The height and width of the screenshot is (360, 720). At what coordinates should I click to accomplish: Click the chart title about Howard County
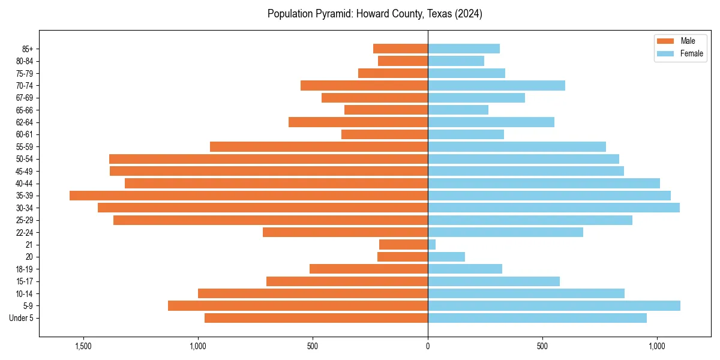click(x=374, y=14)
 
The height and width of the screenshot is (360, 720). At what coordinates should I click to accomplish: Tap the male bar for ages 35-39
click(x=248, y=196)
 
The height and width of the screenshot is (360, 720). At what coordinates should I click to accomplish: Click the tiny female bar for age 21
click(x=431, y=245)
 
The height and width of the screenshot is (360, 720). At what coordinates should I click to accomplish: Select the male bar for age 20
click(x=403, y=257)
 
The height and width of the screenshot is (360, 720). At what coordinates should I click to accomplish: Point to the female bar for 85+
click(x=464, y=49)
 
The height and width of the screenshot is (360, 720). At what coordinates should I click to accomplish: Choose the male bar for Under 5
click(x=316, y=318)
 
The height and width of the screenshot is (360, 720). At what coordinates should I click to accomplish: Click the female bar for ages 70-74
click(x=496, y=86)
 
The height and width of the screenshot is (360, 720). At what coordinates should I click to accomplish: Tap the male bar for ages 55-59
click(x=319, y=147)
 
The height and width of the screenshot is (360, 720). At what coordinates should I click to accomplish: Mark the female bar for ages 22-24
click(x=505, y=232)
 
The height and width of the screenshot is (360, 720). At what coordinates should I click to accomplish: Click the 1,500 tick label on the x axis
click(x=83, y=346)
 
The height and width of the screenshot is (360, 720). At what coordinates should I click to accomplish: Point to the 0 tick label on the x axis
click(x=428, y=346)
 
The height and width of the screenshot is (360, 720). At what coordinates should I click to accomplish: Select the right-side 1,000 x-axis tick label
click(x=657, y=346)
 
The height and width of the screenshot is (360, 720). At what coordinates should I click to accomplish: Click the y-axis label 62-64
click(x=25, y=122)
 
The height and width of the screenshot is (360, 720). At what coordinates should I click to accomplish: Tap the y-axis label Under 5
click(x=22, y=318)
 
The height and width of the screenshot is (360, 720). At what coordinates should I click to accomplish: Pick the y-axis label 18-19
click(x=25, y=269)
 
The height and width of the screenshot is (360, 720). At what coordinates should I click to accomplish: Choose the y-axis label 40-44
click(x=25, y=184)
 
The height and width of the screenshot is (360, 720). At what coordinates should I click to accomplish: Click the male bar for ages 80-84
click(x=403, y=61)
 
